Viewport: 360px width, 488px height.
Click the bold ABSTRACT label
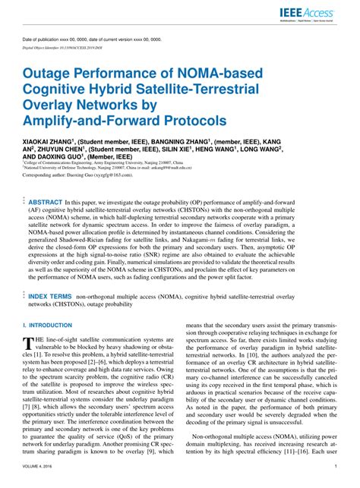46,203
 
